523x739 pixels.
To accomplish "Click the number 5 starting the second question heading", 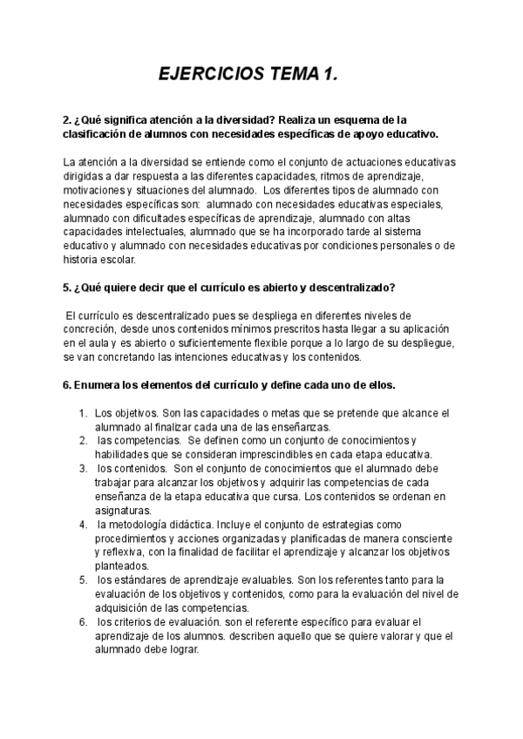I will coord(67,288).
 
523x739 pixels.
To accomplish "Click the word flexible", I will coord(267,343).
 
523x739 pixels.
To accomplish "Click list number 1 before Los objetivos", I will coord(82,412).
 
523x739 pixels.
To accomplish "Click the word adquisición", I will coord(124,607).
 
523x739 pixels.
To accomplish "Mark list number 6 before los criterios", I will coord(82,621).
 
